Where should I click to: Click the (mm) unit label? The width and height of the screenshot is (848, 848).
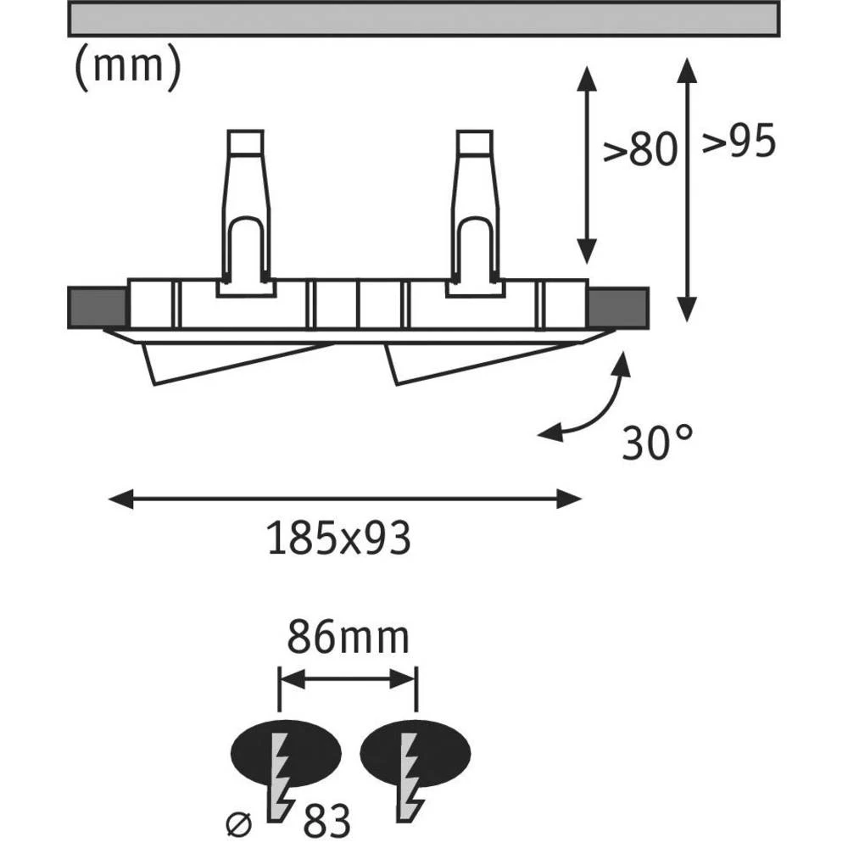tap(126, 68)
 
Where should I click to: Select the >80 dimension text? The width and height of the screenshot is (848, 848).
tap(641, 151)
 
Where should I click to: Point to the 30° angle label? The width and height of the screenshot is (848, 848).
tap(657, 443)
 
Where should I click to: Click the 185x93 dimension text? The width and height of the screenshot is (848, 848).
tap(339, 538)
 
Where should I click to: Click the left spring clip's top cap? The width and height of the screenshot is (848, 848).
tap(246, 142)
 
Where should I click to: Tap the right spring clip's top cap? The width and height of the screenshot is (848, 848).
tap(475, 142)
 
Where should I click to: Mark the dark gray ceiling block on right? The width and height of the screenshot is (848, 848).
tap(619, 305)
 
